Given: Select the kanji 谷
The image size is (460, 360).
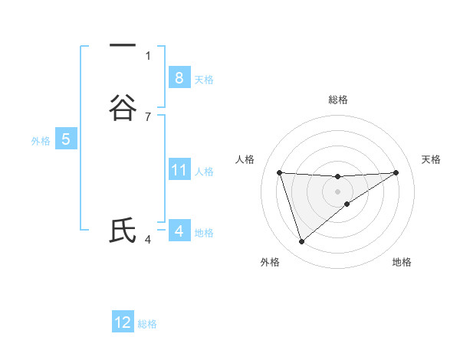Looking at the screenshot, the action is [x=123, y=107].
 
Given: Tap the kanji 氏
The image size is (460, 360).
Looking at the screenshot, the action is [x=123, y=231].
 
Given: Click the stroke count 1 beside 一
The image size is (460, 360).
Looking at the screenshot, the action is [x=148, y=55].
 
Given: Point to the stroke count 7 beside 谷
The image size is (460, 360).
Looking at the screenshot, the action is [x=148, y=116].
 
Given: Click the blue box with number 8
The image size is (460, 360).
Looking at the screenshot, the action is [x=179, y=78].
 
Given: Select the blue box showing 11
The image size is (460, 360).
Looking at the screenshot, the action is [x=179, y=170].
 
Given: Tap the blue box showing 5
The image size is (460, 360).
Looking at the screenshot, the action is [x=66, y=139].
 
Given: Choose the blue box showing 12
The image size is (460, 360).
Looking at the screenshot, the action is [x=123, y=322].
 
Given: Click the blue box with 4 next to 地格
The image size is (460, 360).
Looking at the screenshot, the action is [x=179, y=231].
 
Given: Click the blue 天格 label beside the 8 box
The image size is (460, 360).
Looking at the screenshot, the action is [x=204, y=80].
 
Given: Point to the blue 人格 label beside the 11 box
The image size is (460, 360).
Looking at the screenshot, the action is [x=204, y=172].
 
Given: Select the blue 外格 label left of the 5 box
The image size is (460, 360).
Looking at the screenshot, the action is [x=40, y=141].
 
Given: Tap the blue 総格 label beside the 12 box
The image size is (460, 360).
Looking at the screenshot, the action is [x=147, y=324].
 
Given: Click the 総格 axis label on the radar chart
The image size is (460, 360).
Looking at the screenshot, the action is [x=337, y=100].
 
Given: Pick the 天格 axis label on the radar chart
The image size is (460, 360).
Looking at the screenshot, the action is [x=432, y=159].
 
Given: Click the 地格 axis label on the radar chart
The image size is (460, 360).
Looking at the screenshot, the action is [x=402, y=262].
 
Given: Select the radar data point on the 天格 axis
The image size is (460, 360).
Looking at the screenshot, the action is [x=396, y=172].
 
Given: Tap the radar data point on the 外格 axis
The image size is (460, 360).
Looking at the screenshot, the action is [x=301, y=242].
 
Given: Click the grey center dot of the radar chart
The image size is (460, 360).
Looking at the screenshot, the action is [x=337, y=191].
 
